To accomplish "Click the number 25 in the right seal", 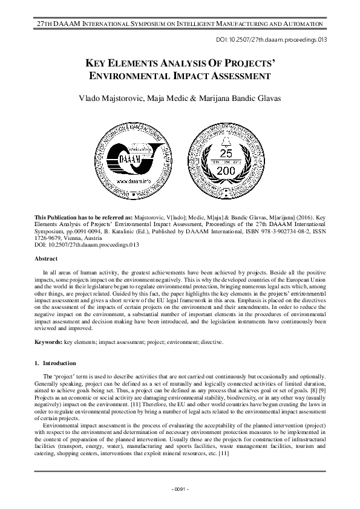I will [x=218, y=153].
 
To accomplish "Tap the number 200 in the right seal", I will [x=218, y=171].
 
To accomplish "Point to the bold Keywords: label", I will [x=48, y=342].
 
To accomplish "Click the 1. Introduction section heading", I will [x=55, y=363].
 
